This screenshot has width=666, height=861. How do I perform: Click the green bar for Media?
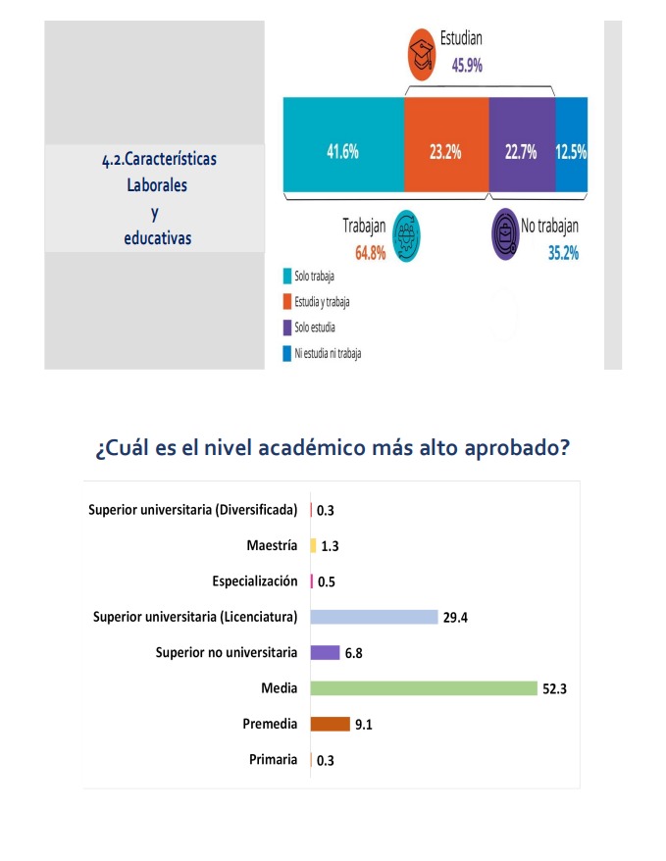pyautogui.click(x=424, y=688)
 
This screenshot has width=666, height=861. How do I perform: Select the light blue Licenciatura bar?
pyautogui.click(x=374, y=617)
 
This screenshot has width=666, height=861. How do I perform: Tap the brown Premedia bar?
pyautogui.click(x=330, y=724)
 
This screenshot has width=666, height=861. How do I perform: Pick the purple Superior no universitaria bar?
pyautogui.click(x=325, y=652)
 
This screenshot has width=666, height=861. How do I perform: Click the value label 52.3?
pyautogui.click(x=555, y=689)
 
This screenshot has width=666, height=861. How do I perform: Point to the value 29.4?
pyautogui.click(x=455, y=618)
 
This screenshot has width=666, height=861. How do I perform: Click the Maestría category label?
pyautogui.click(x=272, y=545)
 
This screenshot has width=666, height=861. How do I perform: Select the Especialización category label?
pyautogui.click(x=254, y=582)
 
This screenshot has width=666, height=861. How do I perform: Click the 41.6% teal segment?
pyautogui.click(x=342, y=152)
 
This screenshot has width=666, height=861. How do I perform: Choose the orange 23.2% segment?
pyautogui.click(x=446, y=152)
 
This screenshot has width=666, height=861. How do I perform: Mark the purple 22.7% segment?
pyautogui.click(x=521, y=152)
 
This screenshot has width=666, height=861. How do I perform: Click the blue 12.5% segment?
pyautogui.click(x=571, y=152)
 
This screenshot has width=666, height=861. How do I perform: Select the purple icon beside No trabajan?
pyautogui.click(x=505, y=234)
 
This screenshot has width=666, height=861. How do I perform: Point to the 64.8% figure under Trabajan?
pyautogui.click(x=371, y=253)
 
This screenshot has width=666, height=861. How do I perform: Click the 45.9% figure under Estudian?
pyautogui.click(x=467, y=66)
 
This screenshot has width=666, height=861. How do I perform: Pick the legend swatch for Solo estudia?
pyautogui.click(x=286, y=327)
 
